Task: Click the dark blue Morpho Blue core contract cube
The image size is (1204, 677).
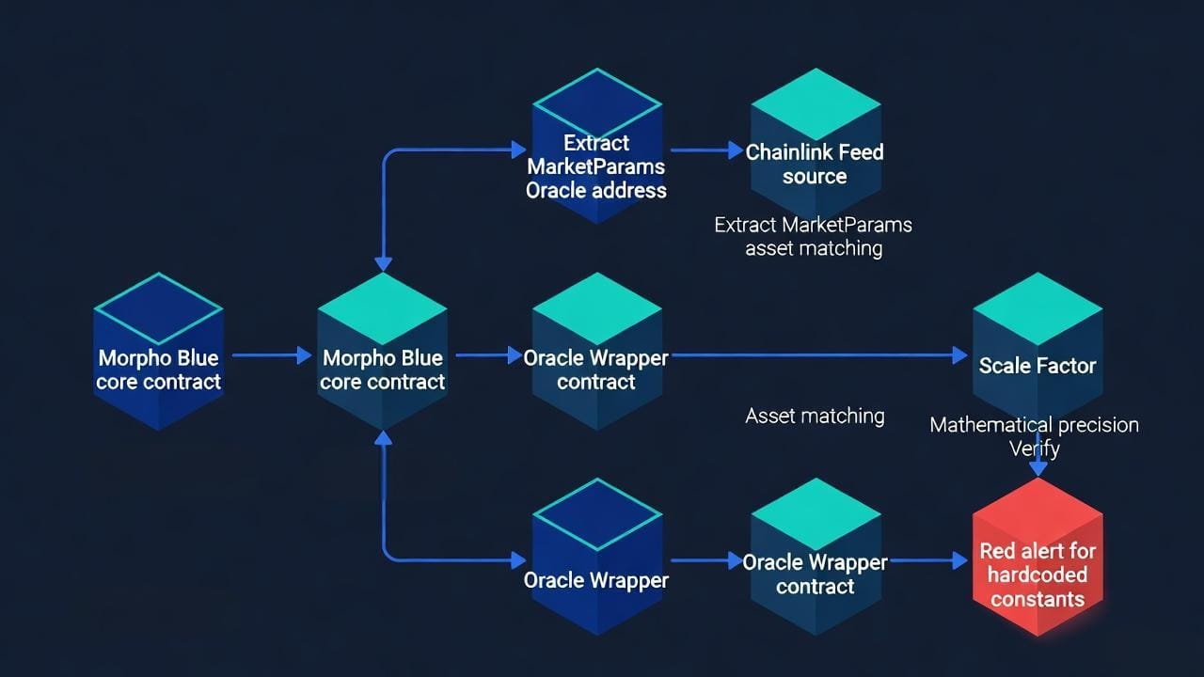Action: click(159, 352)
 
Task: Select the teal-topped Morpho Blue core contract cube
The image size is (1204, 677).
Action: click(382, 352)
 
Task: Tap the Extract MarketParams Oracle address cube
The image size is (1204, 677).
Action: click(596, 146)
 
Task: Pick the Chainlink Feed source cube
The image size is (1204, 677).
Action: click(816, 144)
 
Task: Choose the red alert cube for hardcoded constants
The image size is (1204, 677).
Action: click(1038, 558)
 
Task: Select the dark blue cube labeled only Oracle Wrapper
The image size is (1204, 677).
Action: click(596, 558)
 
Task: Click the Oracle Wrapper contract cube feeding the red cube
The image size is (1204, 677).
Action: click(816, 558)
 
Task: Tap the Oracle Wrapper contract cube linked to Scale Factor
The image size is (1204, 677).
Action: click(596, 352)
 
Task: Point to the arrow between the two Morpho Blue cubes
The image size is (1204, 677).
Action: click(272, 355)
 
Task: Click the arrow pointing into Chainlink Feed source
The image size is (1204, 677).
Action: click(707, 150)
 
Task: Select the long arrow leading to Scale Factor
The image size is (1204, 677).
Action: click(819, 355)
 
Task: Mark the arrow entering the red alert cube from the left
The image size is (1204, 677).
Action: click(928, 560)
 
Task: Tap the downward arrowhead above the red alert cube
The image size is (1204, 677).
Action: click(1038, 468)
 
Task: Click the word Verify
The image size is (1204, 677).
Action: click(1035, 449)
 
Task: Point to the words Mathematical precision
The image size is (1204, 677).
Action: click(1034, 425)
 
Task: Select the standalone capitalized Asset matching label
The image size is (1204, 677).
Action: click(815, 416)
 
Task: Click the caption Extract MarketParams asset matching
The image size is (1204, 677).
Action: click(814, 236)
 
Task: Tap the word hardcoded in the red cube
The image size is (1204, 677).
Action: click(1038, 575)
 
